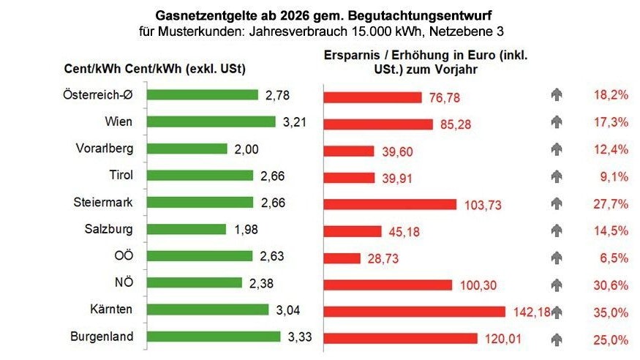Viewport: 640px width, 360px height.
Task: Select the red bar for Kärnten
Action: point(414,311)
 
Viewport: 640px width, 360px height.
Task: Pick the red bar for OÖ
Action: point(342,258)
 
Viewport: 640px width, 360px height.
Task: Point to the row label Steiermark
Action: point(104,202)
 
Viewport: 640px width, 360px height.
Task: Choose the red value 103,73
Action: point(483,206)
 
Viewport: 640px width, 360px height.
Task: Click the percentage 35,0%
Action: point(610,312)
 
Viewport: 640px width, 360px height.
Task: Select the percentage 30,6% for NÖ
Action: point(610,285)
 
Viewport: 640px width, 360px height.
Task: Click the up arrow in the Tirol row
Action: point(557,176)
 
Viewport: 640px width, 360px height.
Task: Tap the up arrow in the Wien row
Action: point(557,122)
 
